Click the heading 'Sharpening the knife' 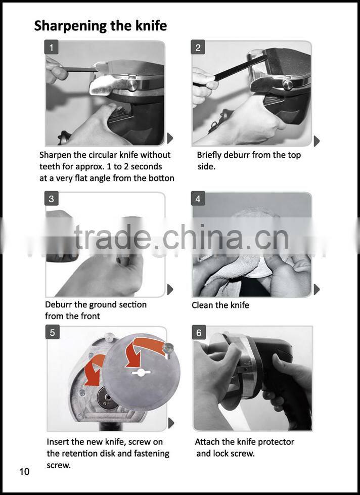[x=101, y=26]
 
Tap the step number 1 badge [x=51, y=48]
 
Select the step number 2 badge [x=198, y=48]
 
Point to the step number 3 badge [x=52, y=199]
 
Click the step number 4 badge [x=198, y=199]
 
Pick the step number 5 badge [x=53, y=332]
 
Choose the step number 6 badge [x=199, y=332]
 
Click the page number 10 [x=24, y=472]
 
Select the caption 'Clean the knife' [x=220, y=305]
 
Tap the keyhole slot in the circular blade [x=141, y=373]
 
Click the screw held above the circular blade [x=168, y=350]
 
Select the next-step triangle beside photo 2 [x=317, y=141]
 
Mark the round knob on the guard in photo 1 [x=132, y=84]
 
